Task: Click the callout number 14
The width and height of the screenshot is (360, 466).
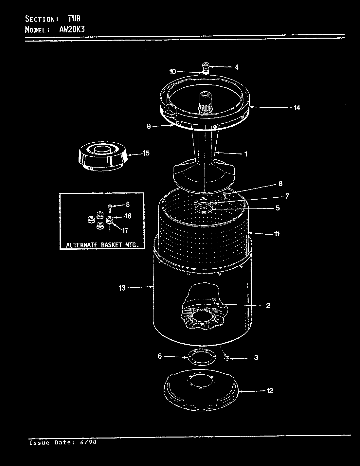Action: (297, 107)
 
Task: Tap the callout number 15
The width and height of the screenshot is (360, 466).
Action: (146, 153)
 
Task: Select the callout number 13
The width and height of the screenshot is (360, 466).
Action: (122, 288)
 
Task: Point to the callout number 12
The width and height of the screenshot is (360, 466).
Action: (270, 391)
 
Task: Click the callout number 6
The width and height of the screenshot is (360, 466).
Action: (160, 356)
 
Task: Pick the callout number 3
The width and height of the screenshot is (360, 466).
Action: (256, 358)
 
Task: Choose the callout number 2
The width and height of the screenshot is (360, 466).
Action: (268, 306)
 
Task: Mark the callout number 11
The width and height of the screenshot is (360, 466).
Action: (277, 234)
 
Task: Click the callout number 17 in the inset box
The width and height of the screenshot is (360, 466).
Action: (125, 230)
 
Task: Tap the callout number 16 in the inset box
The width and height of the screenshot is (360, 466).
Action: (128, 216)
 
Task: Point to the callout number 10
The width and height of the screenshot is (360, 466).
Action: (172, 72)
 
